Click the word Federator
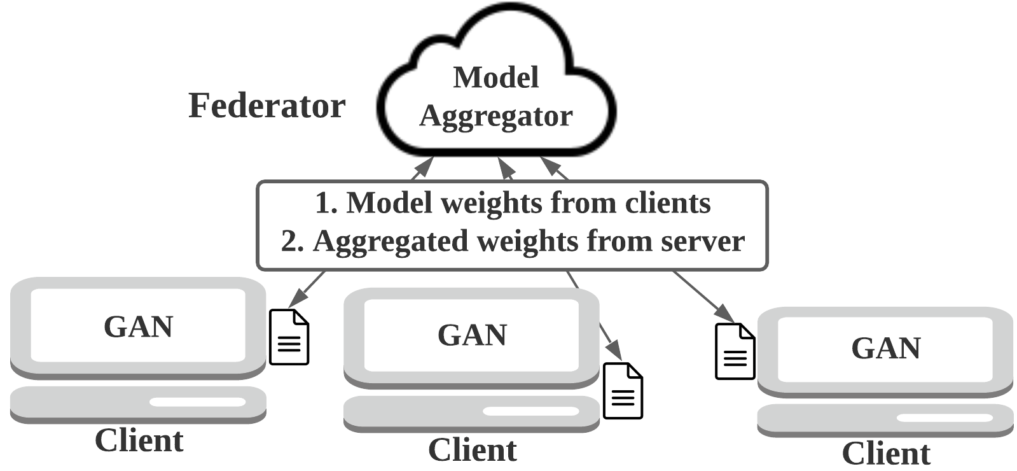click(x=267, y=106)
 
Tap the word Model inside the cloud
click(x=496, y=77)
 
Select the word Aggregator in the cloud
click(x=496, y=117)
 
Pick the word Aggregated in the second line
click(x=391, y=242)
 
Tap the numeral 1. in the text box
click(x=326, y=203)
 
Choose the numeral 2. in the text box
click(x=293, y=241)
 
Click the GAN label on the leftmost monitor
click(x=139, y=327)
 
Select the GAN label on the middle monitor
click(x=472, y=335)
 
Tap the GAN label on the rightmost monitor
click(x=886, y=348)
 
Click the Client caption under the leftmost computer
click(x=139, y=440)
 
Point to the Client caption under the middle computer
click(x=472, y=449)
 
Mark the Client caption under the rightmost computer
click(x=886, y=453)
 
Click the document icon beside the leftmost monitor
click(x=289, y=337)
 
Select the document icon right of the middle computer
click(x=623, y=390)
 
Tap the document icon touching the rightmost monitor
click(x=735, y=351)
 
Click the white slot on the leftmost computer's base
click(x=198, y=402)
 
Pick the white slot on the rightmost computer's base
click(x=944, y=418)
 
